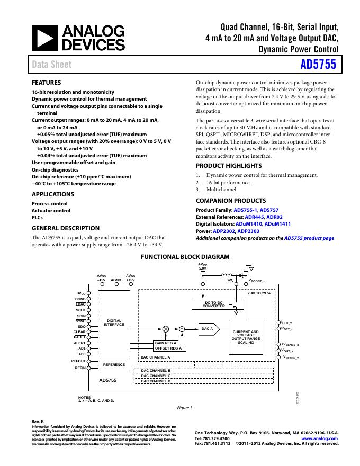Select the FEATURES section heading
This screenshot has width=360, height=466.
(47, 83)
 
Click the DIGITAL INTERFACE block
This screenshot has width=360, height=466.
(114, 322)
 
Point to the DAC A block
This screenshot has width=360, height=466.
(208, 329)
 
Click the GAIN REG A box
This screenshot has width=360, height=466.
(166, 343)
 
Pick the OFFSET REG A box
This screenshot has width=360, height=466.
(168, 348)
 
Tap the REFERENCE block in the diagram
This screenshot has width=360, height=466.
(114, 364)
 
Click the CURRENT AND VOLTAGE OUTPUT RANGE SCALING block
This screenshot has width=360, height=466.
(246, 337)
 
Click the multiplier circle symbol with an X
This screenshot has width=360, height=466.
(165, 329)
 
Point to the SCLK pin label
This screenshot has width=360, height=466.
(81, 310)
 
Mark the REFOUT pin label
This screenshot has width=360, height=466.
(78, 361)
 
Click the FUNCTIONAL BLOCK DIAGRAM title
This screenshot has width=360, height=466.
(185, 257)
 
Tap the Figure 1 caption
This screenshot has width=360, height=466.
(185, 408)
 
